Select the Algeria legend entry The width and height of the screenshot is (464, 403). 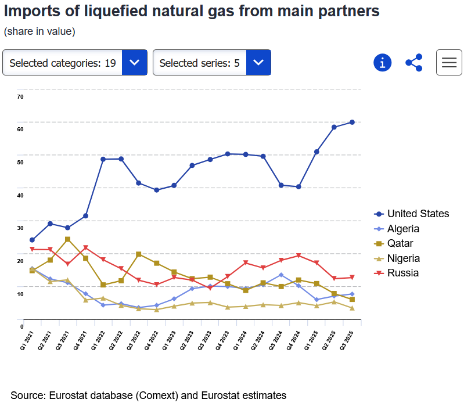pyautogui.click(x=403, y=229)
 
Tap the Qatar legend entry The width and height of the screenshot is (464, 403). pyautogui.click(x=400, y=243)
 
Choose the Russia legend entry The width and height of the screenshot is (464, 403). pyautogui.click(x=402, y=273)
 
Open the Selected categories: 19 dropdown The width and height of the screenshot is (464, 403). pyautogui.click(x=72, y=63)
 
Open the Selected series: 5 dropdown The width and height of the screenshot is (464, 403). pyautogui.click(x=211, y=63)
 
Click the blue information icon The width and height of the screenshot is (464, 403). pyautogui.click(x=382, y=63)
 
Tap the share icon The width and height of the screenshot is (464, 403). pyautogui.click(x=413, y=63)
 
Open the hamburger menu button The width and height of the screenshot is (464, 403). pyautogui.click(x=449, y=63)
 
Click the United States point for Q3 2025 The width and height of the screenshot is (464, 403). pyautogui.click(x=352, y=122)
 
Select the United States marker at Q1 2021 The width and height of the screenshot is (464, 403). pyautogui.click(x=33, y=240)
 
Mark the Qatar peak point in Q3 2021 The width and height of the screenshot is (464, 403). pyautogui.click(x=68, y=239)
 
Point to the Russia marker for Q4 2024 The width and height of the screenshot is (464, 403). pyautogui.click(x=298, y=256)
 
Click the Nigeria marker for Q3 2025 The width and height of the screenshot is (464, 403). pyautogui.click(x=352, y=308)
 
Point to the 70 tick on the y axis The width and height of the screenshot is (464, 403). pyautogui.click(x=20, y=96)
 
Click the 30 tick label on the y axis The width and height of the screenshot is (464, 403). pyautogui.click(x=20, y=228)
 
